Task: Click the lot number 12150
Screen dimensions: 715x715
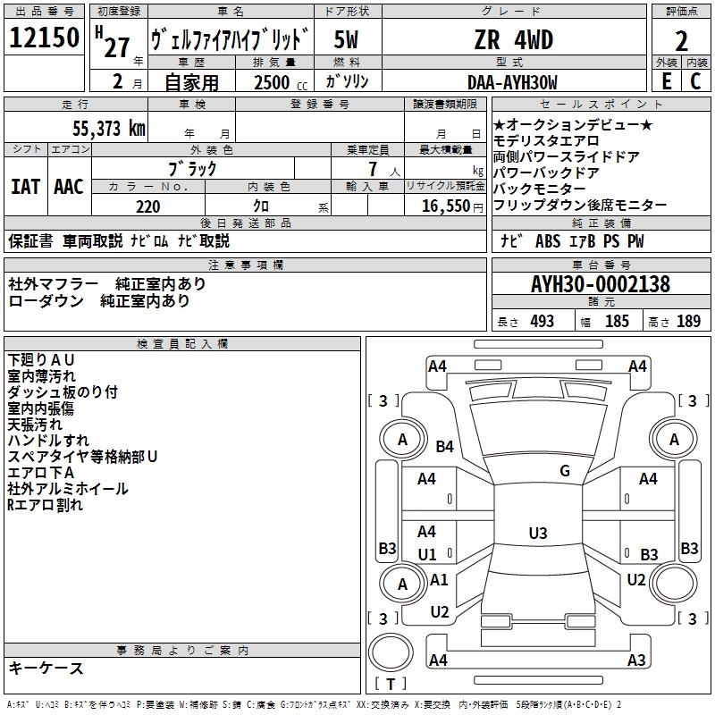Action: [44, 38]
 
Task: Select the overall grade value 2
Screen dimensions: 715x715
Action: [681, 41]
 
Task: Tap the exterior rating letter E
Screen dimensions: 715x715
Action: [667, 81]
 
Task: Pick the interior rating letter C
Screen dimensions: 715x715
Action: [695, 81]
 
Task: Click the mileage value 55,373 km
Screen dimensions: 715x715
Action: [109, 129]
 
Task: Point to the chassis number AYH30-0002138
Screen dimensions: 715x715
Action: [601, 284]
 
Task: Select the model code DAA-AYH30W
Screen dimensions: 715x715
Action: [512, 82]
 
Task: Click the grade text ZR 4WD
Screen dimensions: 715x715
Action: [513, 39]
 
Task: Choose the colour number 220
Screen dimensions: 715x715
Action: [148, 206]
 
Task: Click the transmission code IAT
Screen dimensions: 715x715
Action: [25, 187]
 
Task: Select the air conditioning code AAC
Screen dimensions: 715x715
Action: [69, 187]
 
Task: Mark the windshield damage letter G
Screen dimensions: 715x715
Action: [565, 471]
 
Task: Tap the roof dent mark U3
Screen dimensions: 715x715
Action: [538, 533]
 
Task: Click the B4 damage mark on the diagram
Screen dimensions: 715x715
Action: [444, 446]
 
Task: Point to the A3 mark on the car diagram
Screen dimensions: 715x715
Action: [636, 660]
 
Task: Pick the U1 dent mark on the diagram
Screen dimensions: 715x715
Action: [427, 554]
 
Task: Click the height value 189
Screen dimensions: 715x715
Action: [688, 321]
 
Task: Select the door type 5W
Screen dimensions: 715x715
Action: [346, 39]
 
